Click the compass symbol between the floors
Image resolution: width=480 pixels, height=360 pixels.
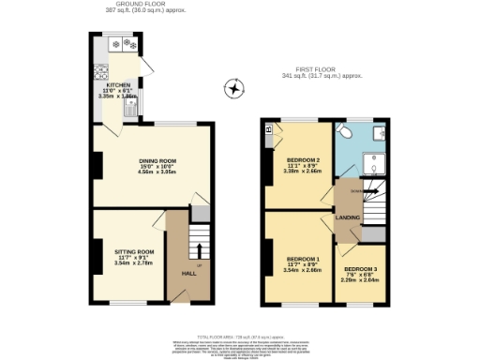click(233, 90)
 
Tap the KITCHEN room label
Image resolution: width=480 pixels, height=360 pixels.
click(105, 82)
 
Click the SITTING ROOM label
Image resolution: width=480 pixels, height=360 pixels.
click(132, 252)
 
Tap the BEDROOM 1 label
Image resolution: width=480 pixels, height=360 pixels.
click(303, 259)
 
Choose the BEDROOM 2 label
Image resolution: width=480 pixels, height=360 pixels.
click(303, 160)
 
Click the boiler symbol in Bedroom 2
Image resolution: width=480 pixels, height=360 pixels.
click(270, 128)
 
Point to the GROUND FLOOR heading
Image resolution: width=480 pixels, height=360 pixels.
click(128, 5)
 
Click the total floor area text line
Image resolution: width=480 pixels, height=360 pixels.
click(240, 335)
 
